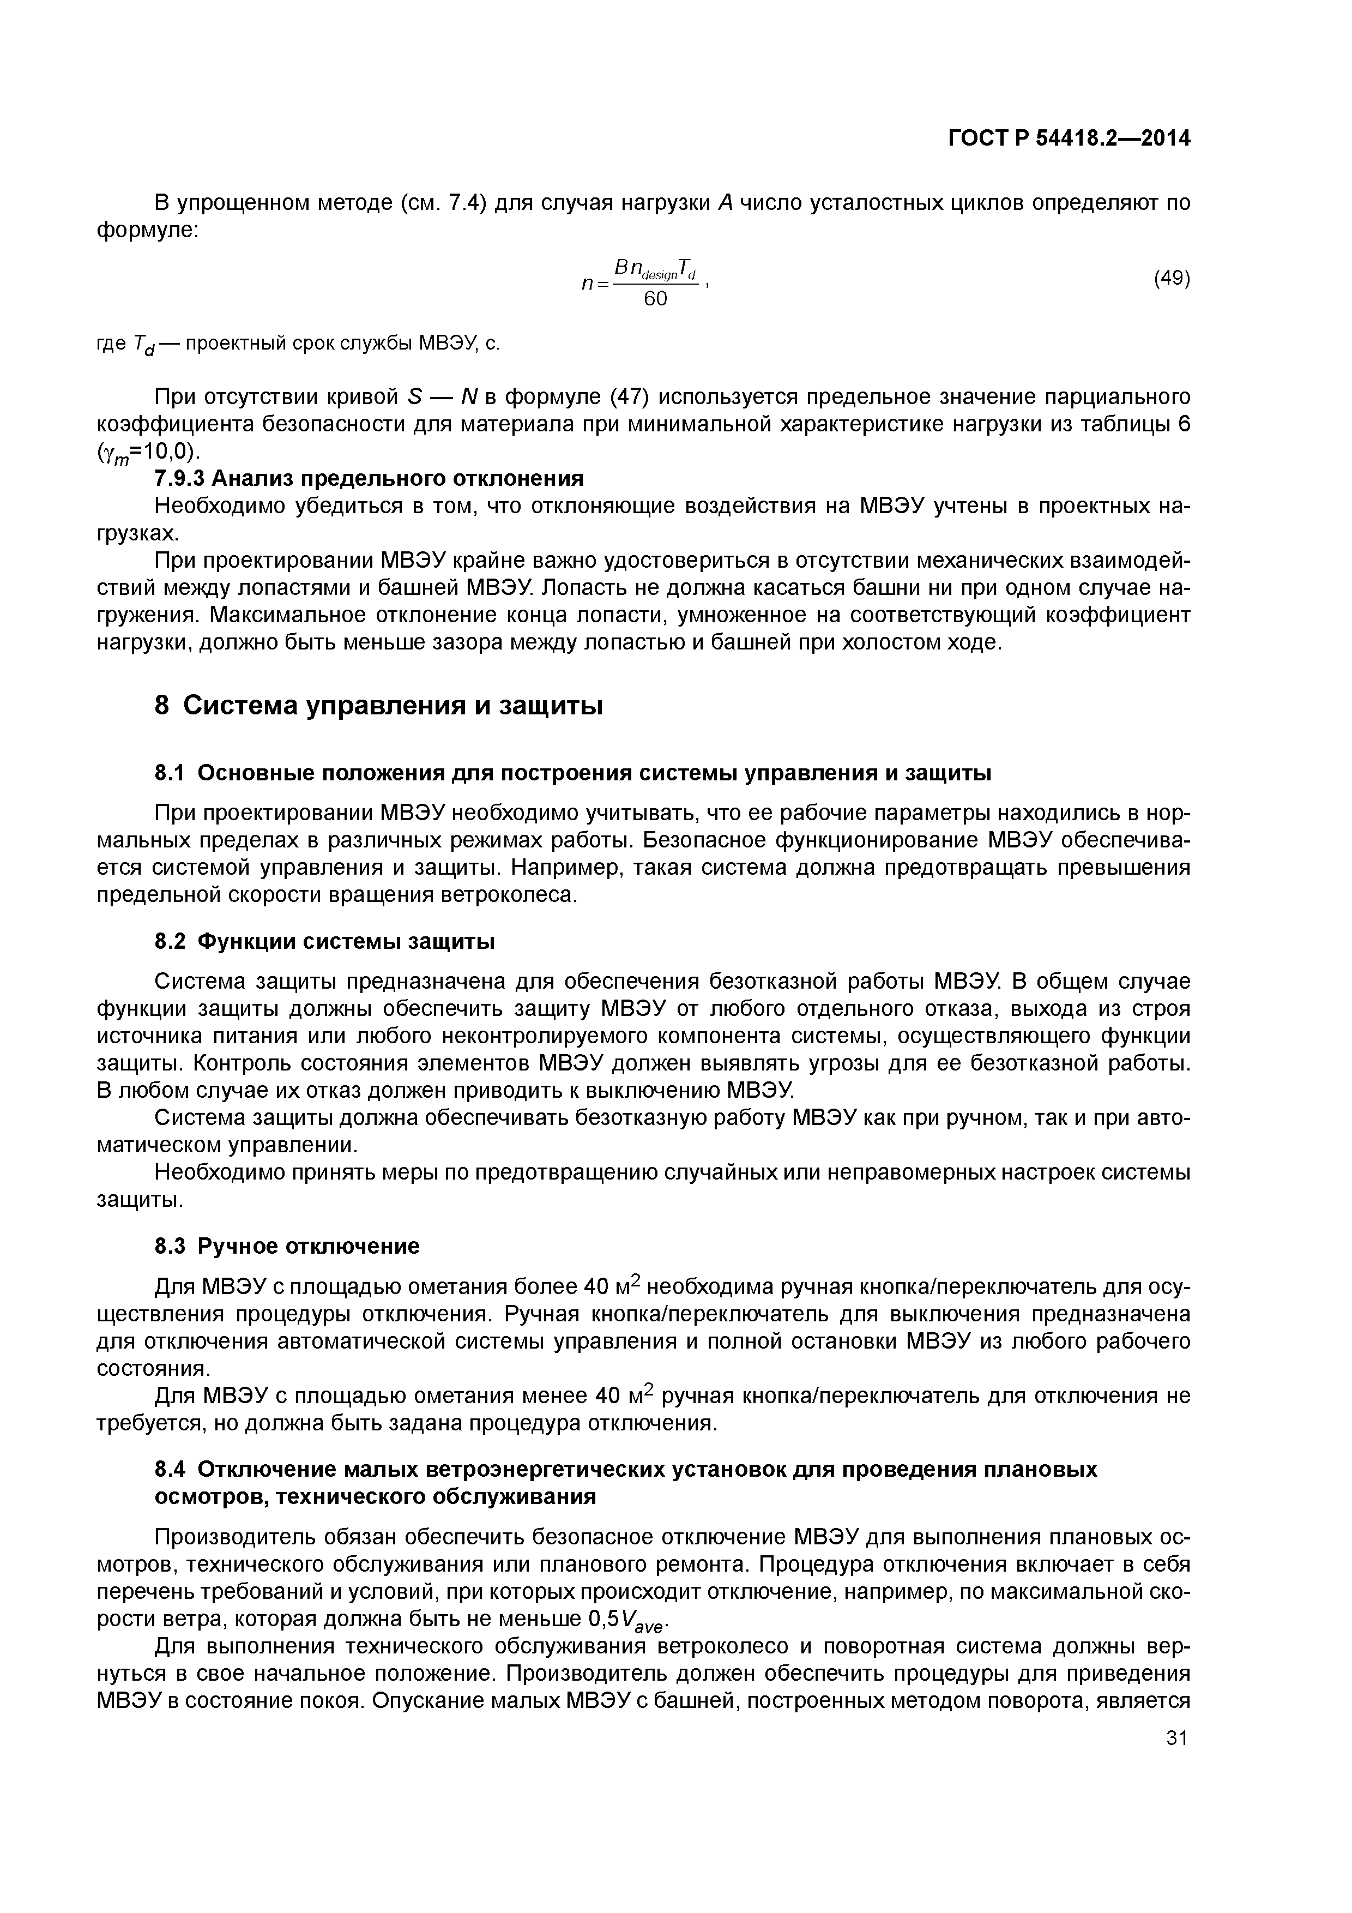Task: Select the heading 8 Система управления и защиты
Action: click(379, 706)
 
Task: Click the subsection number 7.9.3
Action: click(179, 478)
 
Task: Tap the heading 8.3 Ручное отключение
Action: click(287, 1247)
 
